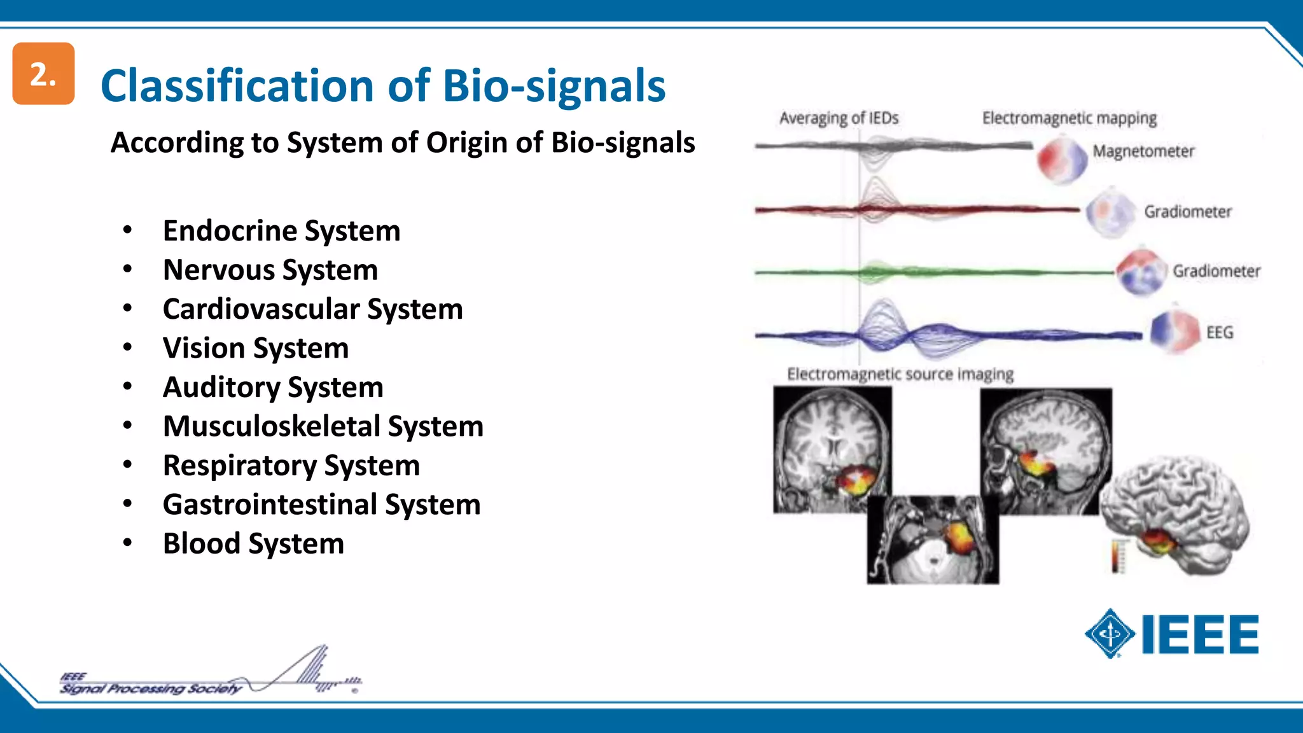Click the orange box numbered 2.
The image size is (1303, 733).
43,74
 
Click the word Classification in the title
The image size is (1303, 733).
237,86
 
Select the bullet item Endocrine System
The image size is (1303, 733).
281,231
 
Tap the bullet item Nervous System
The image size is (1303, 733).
270,270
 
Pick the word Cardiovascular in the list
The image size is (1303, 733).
261,309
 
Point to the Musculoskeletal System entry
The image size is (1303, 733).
323,426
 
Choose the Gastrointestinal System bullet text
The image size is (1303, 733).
321,505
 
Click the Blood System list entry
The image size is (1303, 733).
253,544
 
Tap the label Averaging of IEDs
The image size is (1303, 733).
839,118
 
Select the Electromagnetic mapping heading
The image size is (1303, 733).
1069,118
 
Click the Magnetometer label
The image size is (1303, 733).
1143,151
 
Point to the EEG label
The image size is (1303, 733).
1219,333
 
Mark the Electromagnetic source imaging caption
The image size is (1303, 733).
900,374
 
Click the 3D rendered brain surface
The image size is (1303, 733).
1177,509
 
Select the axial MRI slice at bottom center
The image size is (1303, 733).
933,541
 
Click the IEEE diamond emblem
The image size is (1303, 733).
1110,634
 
